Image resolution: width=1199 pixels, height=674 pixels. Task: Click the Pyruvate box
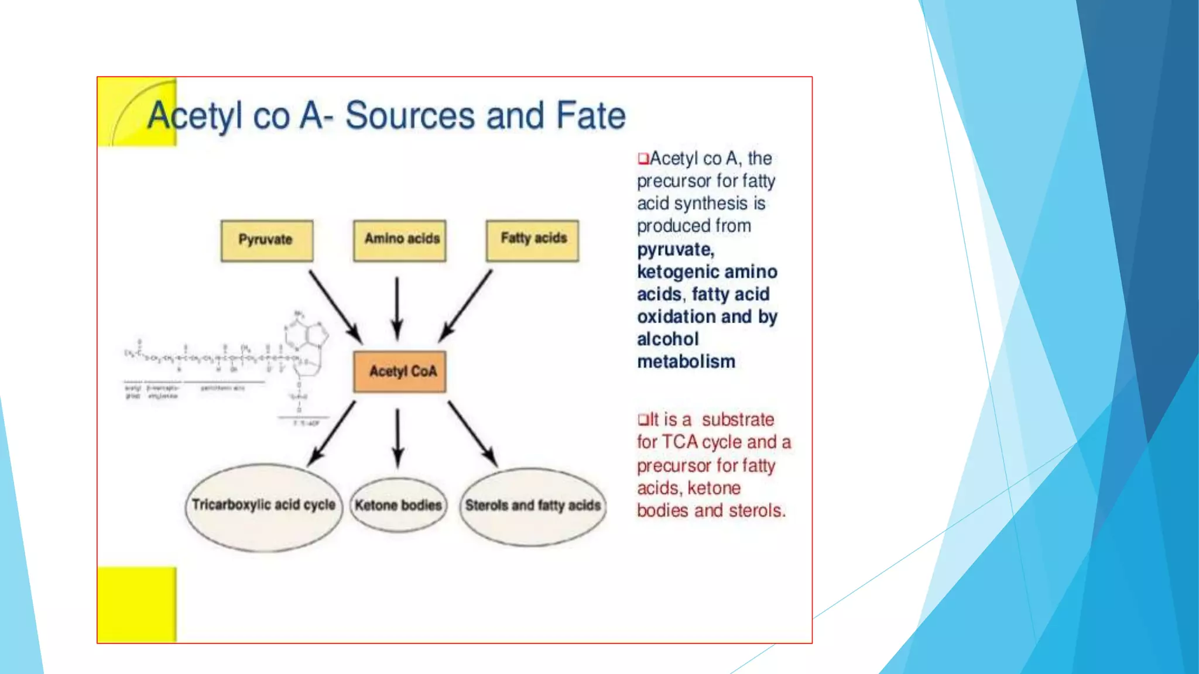[x=266, y=240]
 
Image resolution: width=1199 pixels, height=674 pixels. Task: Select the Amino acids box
[x=400, y=240]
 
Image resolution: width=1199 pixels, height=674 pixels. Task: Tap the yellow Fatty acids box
[x=532, y=240]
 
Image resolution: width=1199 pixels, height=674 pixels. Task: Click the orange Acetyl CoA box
[x=400, y=372]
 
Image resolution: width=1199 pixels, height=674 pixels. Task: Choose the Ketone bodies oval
[x=398, y=505]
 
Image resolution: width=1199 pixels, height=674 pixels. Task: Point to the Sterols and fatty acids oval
[x=533, y=507]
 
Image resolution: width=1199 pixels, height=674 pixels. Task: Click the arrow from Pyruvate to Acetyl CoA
[x=335, y=306]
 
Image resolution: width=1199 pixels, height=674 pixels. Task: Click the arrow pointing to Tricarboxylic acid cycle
[x=332, y=434]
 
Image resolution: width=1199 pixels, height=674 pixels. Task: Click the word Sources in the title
[x=409, y=115]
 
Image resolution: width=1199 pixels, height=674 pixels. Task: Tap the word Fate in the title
[x=590, y=115]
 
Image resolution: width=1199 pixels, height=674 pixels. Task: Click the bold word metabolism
[x=686, y=362]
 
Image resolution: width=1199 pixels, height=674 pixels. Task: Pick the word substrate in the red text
[x=738, y=419]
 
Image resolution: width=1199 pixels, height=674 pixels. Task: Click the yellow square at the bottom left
[x=137, y=604]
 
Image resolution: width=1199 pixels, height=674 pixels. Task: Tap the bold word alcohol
[x=668, y=339]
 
